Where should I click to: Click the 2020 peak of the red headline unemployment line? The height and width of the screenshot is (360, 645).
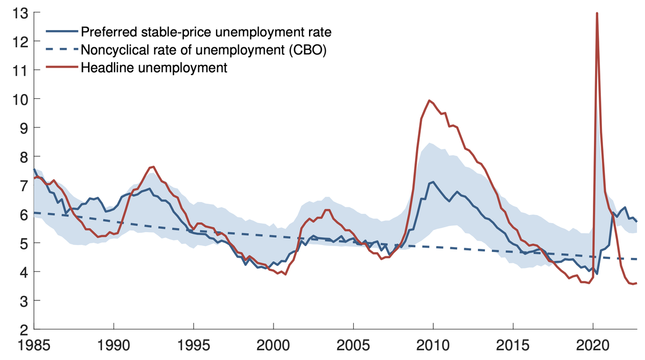(597, 13)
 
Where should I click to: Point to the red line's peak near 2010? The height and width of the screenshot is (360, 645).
(429, 100)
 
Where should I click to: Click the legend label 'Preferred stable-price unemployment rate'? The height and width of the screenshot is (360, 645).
(206, 32)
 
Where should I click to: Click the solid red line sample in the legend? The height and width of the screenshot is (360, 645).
(62, 68)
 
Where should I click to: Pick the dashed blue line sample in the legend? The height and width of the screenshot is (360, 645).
(62, 50)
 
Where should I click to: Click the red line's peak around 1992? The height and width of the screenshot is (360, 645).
(153, 167)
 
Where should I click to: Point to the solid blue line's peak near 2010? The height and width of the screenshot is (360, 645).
(432, 182)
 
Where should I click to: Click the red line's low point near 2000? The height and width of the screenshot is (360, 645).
(285, 275)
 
